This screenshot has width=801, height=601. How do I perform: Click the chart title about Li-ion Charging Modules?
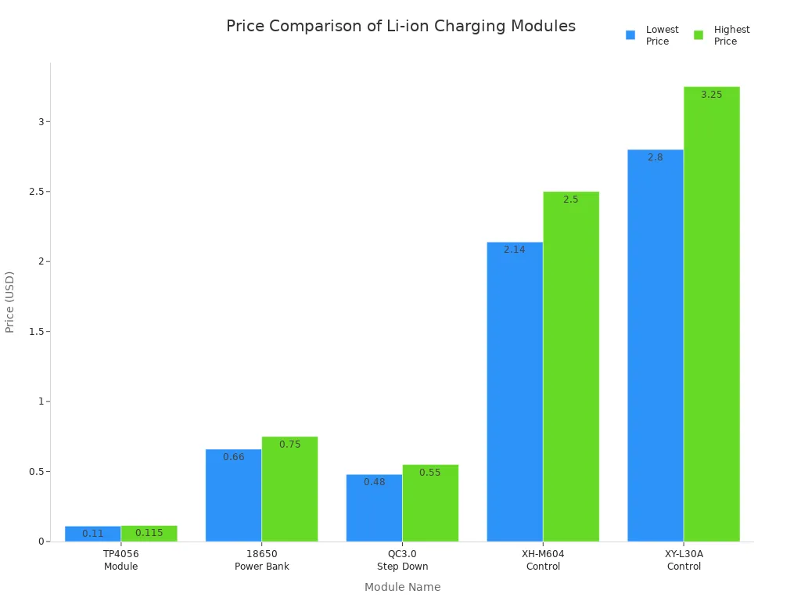pos(400,26)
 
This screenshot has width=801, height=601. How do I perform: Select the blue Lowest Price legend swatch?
pos(630,35)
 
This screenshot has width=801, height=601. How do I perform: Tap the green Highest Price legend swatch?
pos(699,35)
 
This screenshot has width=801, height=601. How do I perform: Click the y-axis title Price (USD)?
pos(10,302)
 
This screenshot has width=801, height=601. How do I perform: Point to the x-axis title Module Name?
pos(402,587)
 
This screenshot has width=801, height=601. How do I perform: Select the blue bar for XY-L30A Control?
pos(656,345)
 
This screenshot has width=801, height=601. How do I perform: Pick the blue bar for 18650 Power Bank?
pos(233,495)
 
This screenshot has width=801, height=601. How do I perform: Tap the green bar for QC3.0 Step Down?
pos(430,503)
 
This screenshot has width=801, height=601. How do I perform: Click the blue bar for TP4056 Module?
pos(92,534)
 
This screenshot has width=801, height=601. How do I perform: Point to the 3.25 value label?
pos(711,95)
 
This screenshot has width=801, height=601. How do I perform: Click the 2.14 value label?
pos(514,250)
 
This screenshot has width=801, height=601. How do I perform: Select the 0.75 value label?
pos(289,444)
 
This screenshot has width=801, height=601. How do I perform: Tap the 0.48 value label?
pos(374,482)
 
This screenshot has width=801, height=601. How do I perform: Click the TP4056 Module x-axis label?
pos(120,560)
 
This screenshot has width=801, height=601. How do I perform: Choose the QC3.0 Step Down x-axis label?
pos(402,560)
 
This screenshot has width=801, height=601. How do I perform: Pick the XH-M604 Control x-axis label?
pos(543,560)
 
